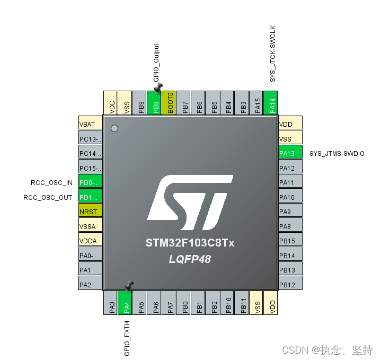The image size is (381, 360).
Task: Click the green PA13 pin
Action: (x=290, y=154)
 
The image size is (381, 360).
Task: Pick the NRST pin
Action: (x=90, y=212)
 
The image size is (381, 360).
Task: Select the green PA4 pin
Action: (x=127, y=302)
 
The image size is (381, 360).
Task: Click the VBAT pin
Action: (x=90, y=124)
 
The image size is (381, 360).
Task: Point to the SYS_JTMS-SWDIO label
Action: (x=336, y=154)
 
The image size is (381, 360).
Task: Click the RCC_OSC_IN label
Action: (x=51, y=183)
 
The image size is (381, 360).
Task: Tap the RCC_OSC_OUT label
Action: (x=48, y=198)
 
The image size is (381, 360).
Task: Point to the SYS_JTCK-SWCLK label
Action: (x=273, y=53)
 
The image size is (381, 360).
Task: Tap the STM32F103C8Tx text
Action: (x=190, y=243)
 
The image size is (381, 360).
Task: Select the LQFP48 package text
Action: (x=190, y=259)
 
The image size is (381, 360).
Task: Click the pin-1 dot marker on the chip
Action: (x=114, y=128)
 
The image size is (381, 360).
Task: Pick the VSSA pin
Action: (x=90, y=226)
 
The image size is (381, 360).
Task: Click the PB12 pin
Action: (x=290, y=285)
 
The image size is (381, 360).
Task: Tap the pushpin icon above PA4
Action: (x=129, y=286)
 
